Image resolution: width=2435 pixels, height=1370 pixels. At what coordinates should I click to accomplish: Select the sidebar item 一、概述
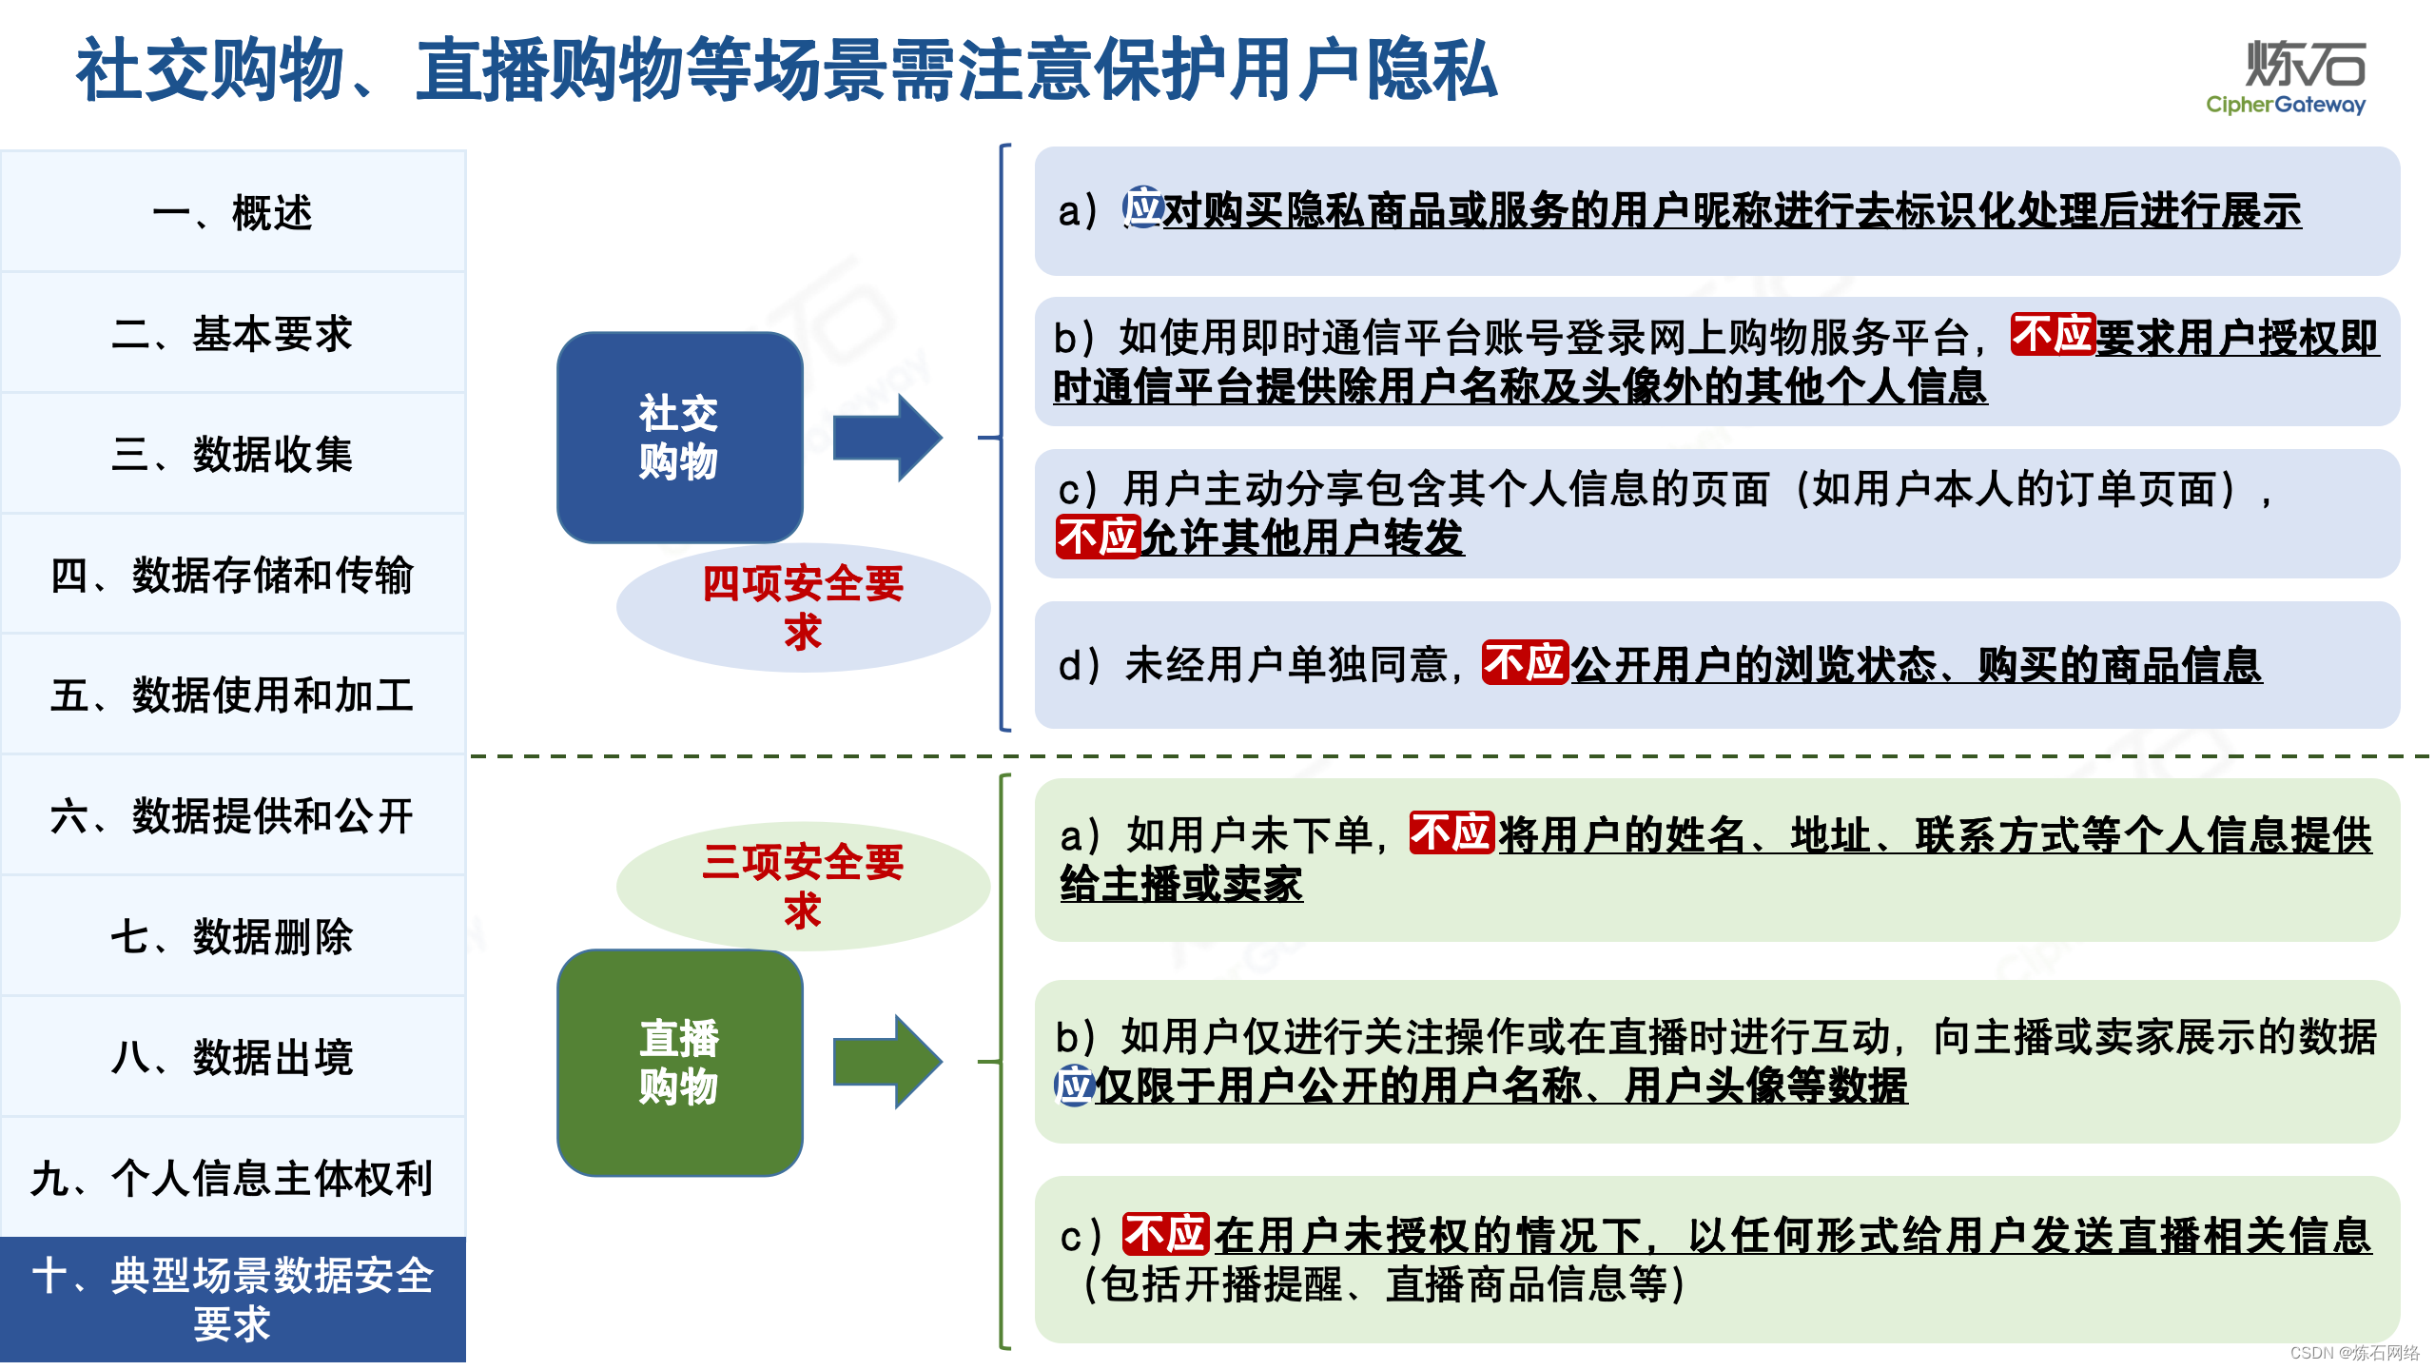tap(232, 212)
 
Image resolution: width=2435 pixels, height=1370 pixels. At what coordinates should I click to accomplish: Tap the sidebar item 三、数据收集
tap(232, 454)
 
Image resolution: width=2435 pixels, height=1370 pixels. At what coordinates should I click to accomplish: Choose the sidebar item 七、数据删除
tap(232, 936)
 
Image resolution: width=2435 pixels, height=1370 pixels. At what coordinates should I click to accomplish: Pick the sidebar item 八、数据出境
tap(232, 1057)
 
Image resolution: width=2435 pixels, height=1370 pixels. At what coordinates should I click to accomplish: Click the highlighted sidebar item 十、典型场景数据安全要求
tap(232, 1299)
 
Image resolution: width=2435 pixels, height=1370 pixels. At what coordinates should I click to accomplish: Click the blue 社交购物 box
tap(679, 438)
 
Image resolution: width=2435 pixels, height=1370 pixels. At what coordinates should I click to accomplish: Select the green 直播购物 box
tap(679, 1062)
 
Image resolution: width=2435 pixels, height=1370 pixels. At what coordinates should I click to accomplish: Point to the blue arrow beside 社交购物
tap(886, 438)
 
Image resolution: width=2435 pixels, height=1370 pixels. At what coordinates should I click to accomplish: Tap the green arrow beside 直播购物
tap(886, 1062)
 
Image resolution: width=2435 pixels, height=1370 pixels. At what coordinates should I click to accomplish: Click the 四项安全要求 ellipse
tap(803, 608)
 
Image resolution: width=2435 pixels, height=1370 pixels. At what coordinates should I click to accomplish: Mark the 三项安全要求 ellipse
tap(803, 886)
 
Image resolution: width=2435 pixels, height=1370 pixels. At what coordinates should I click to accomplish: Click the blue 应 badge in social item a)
tap(1141, 207)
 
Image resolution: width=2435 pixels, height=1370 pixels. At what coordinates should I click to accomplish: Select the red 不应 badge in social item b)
tap(2052, 335)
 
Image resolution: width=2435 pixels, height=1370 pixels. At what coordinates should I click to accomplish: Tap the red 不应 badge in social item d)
tap(1524, 663)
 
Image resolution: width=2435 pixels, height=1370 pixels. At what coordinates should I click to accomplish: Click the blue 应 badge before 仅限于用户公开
tap(1075, 1086)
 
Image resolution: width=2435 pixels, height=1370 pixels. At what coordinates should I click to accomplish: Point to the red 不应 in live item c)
tap(1164, 1235)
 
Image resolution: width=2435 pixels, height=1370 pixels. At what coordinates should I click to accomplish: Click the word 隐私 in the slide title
tap(1432, 70)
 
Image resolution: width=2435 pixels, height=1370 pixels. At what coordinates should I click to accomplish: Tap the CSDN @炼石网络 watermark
tap(2354, 1353)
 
